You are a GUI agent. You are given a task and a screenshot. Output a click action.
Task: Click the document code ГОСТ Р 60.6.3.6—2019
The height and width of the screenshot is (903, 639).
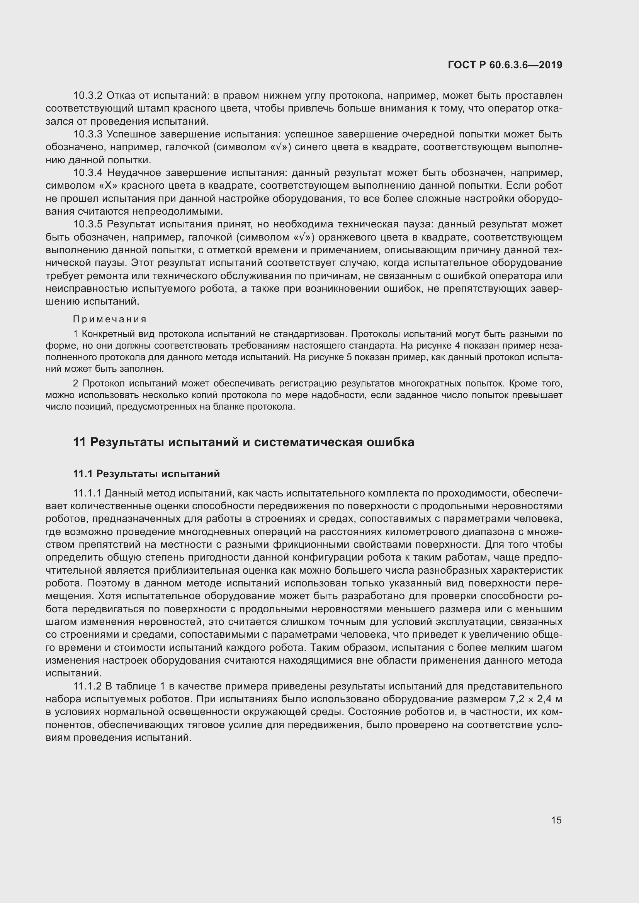pyautogui.click(x=505, y=65)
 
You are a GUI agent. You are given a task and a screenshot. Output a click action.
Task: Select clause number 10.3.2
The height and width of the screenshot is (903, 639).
pyautogui.click(x=87, y=96)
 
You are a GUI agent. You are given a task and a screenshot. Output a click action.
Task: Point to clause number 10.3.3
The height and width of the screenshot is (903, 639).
pyautogui.click(x=87, y=134)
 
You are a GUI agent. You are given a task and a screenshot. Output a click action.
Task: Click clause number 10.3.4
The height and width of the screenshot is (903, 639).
pyautogui.click(x=87, y=173)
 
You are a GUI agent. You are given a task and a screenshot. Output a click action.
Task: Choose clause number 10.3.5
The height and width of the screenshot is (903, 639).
pyautogui.click(x=87, y=224)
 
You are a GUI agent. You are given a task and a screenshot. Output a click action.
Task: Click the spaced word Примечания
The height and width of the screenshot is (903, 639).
pyautogui.click(x=110, y=319)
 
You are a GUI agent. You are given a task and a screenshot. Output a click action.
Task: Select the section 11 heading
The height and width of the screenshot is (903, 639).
pyautogui.click(x=243, y=442)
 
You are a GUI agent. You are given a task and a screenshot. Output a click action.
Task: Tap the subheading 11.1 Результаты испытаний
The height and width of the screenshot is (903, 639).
pyautogui.click(x=146, y=474)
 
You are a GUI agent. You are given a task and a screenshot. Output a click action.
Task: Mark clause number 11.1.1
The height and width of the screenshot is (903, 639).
pyautogui.click(x=87, y=493)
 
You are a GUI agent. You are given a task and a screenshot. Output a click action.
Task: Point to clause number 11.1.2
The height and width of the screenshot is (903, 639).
pyautogui.click(x=87, y=686)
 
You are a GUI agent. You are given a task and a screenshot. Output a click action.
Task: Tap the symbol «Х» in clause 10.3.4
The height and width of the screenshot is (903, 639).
pyautogui.click(x=103, y=186)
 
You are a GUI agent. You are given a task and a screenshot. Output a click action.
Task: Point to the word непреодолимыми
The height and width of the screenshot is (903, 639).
pyautogui.click(x=177, y=212)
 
